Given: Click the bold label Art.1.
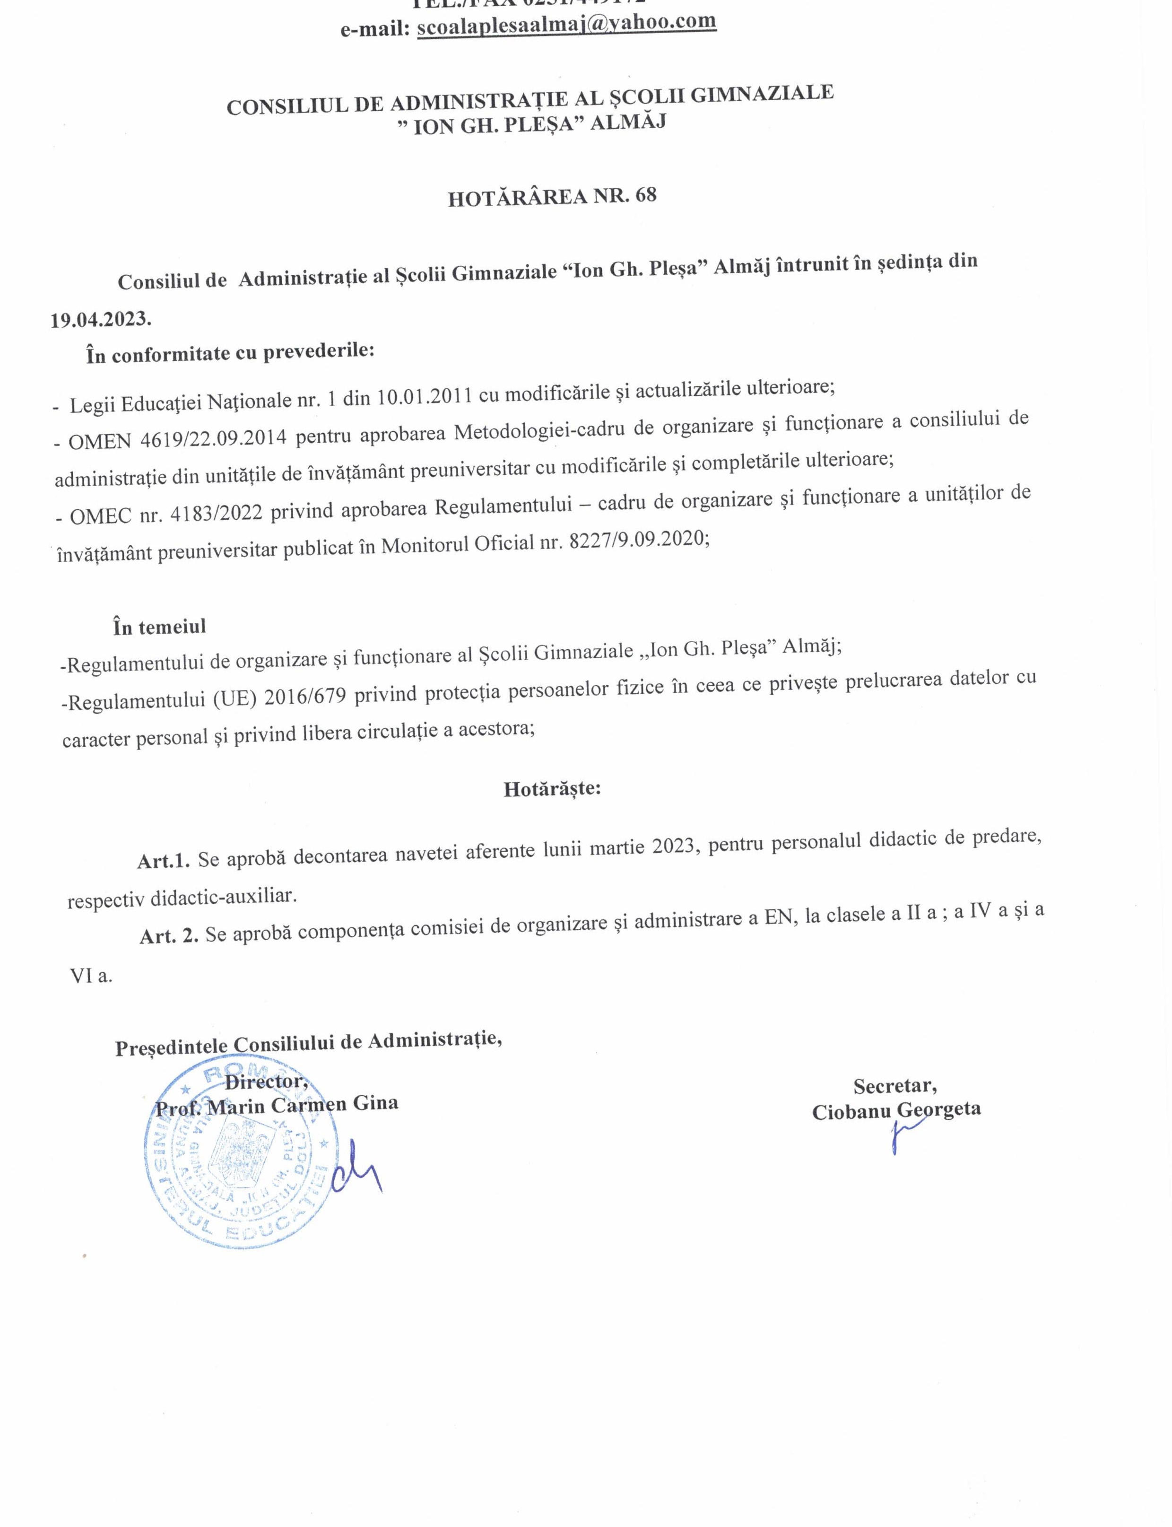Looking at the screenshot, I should click(163, 861).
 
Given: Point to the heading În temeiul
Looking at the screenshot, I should click(159, 627).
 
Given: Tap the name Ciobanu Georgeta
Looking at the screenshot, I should click(896, 1109).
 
